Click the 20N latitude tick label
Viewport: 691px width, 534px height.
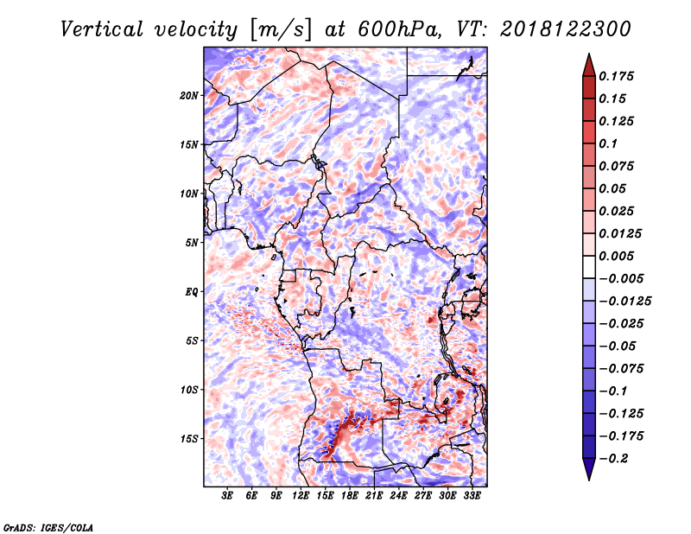188,96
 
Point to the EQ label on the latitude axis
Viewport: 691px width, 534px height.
192,292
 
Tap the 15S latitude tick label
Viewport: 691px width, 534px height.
189,439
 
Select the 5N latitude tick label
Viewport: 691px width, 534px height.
192,243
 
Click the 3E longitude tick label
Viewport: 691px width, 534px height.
227,495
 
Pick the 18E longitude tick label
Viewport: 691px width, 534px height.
349,495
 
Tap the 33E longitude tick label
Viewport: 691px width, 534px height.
472,495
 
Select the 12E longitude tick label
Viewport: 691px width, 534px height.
300,495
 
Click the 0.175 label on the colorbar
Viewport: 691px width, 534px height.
616,76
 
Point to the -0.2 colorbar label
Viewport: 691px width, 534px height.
613,459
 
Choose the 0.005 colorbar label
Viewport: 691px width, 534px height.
616,256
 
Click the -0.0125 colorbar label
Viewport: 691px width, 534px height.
624,302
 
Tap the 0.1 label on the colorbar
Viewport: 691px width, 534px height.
608,143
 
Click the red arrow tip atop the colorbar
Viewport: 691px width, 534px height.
589,54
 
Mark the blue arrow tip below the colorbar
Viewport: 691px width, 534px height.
589,480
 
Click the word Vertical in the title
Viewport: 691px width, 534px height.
101,29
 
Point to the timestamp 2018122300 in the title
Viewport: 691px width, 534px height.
566,29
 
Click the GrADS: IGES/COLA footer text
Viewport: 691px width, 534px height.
48,527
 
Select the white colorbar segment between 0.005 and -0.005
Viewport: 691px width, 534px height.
589,267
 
